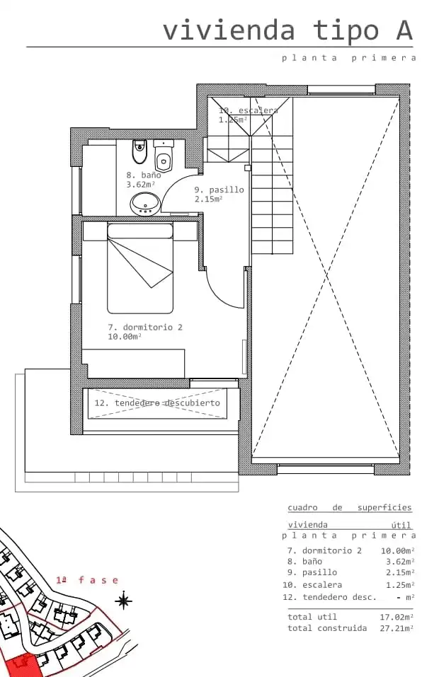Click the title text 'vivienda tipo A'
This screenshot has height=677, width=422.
[288, 30]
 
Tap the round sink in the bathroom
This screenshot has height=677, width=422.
[146, 204]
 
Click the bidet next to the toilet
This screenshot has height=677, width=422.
[139, 151]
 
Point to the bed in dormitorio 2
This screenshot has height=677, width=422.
[140, 268]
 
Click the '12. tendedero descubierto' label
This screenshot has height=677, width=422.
[157, 403]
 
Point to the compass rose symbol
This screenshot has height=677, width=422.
[124, 600]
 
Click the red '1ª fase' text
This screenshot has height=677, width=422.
[87, 580]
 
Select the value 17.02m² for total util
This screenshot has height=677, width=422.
[397, 617]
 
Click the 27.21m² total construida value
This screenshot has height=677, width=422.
[397, 628]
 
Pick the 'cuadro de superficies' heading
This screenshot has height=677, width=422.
[350, 508]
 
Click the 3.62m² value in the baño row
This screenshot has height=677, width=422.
[399, 562]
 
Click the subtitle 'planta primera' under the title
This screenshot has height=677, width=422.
[348, 58]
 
